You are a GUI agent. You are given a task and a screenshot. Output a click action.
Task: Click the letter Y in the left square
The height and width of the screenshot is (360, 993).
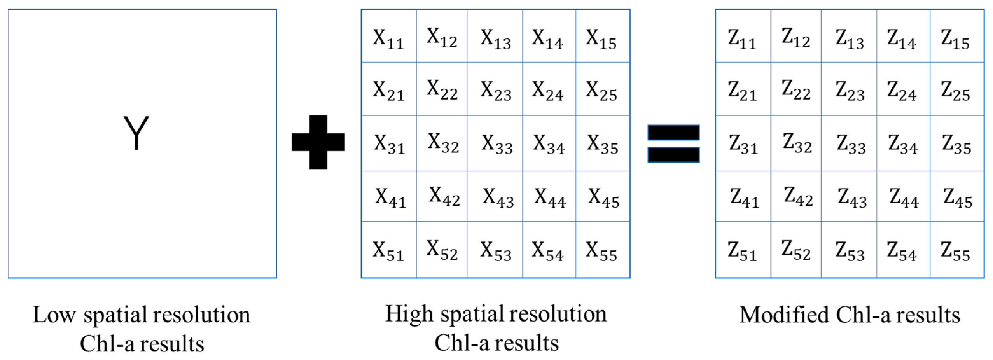[136, 133]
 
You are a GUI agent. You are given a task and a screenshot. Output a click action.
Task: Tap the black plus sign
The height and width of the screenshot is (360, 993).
[318, 142]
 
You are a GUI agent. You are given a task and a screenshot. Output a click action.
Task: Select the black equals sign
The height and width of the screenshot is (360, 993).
[673, 143]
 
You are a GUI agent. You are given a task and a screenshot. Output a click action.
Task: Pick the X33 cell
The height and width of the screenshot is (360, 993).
[497, 143]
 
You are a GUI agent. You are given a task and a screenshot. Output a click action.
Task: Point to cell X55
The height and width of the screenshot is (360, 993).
[601, 251]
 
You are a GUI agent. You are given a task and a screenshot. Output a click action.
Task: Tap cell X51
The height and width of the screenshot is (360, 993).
[389, 251]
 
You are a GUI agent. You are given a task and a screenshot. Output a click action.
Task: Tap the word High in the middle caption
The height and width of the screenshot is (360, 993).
[409, 314]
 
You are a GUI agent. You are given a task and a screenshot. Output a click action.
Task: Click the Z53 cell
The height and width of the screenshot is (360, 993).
[850, 251]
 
